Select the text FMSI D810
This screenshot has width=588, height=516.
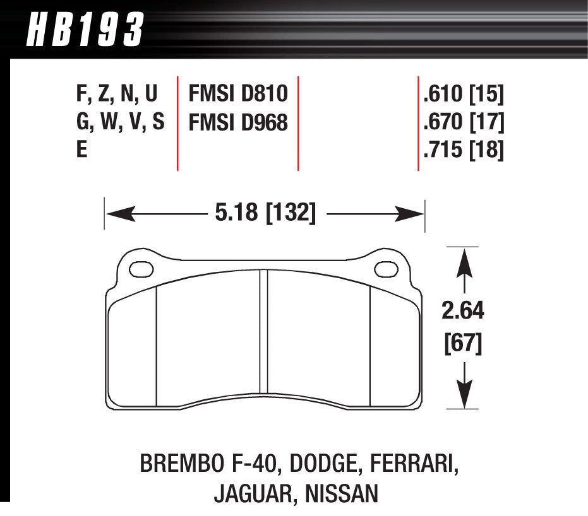(237, 95)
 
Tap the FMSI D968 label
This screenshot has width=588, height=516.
(237, 122)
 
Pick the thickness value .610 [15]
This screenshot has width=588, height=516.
(463, 95)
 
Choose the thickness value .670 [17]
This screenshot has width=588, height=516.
(463, 122)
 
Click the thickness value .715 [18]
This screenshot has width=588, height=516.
(463, 151)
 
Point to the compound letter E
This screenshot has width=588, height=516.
(81, 151)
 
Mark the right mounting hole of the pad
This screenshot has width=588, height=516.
(383, 269)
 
